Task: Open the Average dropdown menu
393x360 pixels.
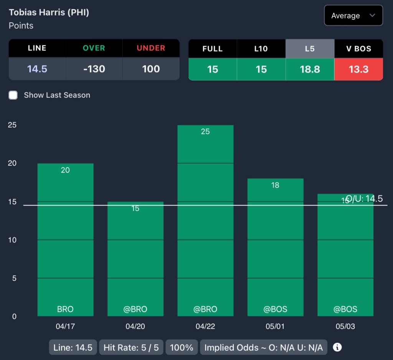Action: [x=353, y=16]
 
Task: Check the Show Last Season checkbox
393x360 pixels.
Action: [x=13, y=95]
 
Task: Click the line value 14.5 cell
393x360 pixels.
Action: [x=37, y=69]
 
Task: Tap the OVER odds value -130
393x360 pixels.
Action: [x=94, y=69]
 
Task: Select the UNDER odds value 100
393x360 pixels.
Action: [x=151, y=69]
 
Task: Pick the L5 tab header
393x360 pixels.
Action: [x=310, y=49]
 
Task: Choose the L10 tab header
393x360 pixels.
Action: [x=261, y=49]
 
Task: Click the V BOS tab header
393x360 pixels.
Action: [x=358, y=49]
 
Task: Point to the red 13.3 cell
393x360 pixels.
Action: [x=358, y=69]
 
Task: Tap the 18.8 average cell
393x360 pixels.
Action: [x=310, y=69]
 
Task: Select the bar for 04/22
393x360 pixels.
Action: [x=205, y=221]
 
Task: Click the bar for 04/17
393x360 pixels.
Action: [x=65, y=240]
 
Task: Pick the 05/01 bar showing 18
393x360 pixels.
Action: [x=275, y=248]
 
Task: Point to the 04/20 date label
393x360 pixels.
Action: [x=135, y=327]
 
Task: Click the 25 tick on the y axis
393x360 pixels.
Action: [x=12, y=125]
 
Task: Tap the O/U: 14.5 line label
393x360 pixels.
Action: [x=364, y=199]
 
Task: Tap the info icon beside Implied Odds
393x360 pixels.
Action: [x=337, y=347]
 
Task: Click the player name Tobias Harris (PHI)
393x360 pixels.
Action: [x=49, y=12]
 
